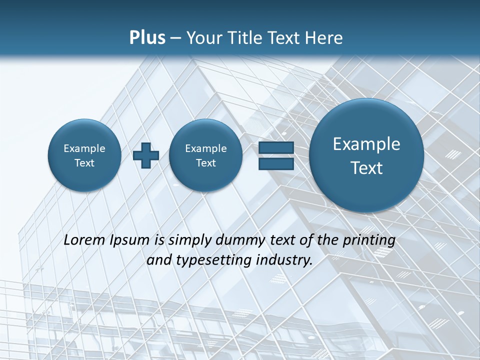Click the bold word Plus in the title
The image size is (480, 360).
point(147,38)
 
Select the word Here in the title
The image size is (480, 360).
point(325,38)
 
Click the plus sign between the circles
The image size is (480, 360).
point(146,155)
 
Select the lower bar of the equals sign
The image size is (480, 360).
point(276,163)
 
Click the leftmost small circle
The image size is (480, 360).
point(84,155)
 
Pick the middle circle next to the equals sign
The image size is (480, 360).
point(205,155)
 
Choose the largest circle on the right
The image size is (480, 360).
point(366,155)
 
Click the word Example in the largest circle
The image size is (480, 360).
point(366,144)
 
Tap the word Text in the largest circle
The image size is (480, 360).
point(366,168)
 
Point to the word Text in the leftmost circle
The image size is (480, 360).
point(84,163)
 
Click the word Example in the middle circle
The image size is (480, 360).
point(205,148)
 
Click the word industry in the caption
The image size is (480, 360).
point(284,260)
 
